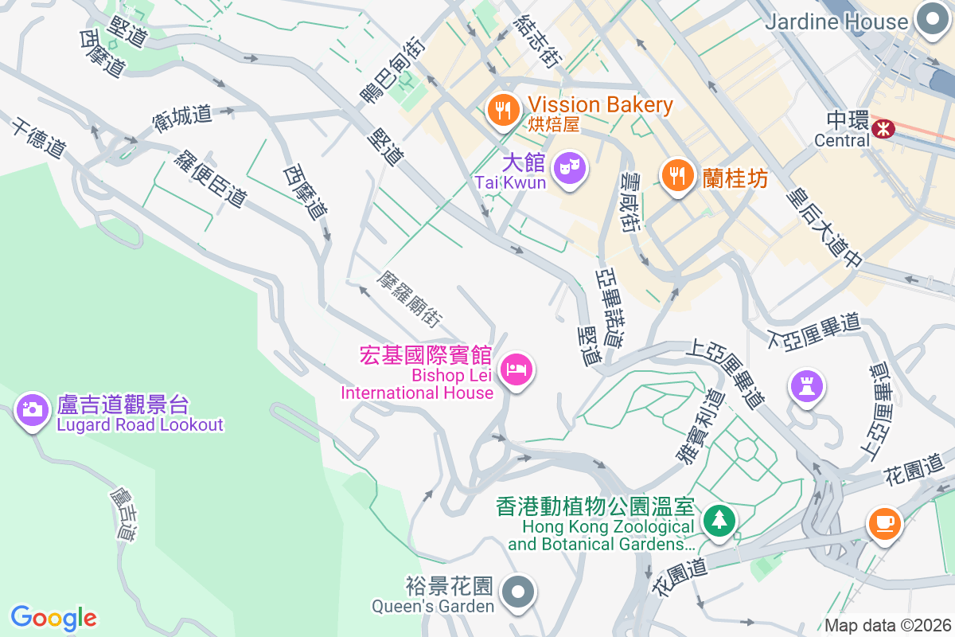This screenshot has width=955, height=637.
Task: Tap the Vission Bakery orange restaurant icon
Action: (x=502, y=110)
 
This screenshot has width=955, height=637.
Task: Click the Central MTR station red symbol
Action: (x=883, y=128)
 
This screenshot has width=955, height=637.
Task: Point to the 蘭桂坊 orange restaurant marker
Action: (x=677, y=174)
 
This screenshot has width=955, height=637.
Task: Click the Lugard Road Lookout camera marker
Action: (x=33, y=410)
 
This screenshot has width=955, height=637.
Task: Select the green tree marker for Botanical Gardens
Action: (x=719, y=520)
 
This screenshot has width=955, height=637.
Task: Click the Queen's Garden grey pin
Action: (x=519, y=592)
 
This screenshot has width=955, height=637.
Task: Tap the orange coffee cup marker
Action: (x=884, y=523)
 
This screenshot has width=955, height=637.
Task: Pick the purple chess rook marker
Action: (x=806, y=387)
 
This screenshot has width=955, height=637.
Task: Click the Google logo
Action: (x=54, y=617)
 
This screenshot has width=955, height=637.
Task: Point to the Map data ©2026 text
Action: (x=887, y=625)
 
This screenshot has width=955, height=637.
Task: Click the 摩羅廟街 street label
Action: (x=410, y=299)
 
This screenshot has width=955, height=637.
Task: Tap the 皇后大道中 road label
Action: (x=824, y=226)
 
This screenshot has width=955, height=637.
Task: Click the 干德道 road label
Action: (x=38, y=137)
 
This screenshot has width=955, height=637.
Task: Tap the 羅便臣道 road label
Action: (x=210, y=178)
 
